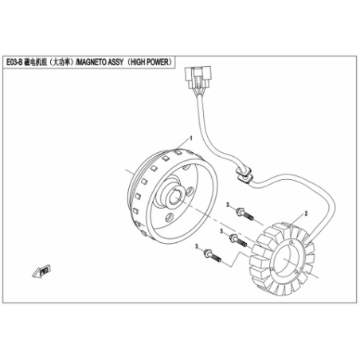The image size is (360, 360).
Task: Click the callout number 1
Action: click(x=190, y=139)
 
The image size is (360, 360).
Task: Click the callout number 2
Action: click(x=306, y=213)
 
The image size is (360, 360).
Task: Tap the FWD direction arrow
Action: click(x=42, y=272)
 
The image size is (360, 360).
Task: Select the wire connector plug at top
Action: click(x=198, y=78)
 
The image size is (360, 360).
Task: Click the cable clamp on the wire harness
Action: click(x=243, y=174)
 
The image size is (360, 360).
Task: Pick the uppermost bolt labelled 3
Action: click(x=245, y=214)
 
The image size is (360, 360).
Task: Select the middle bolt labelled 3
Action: click(x=238, y=240)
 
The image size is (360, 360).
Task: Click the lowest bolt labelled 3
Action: click(x=213, y=255)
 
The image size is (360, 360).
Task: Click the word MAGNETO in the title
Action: click(x=92, y=62)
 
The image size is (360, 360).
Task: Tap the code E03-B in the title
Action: click(x=14, y=62)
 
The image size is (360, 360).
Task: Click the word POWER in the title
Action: click(x=158, y=62)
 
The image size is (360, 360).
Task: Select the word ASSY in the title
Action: click(x=115, y=62)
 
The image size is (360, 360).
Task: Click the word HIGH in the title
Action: click(x=138, y=62)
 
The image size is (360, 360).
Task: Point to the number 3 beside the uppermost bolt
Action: click(x=228, y=205)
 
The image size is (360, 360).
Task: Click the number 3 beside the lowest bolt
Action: click(x=197, y=246)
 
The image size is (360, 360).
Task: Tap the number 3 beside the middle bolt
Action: click(x=221, y=231)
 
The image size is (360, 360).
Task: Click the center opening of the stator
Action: click(x=286, y=258)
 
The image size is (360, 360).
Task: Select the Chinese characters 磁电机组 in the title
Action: click(x=36, y=62)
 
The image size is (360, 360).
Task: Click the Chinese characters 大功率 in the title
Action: click(x=61, y=62)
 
